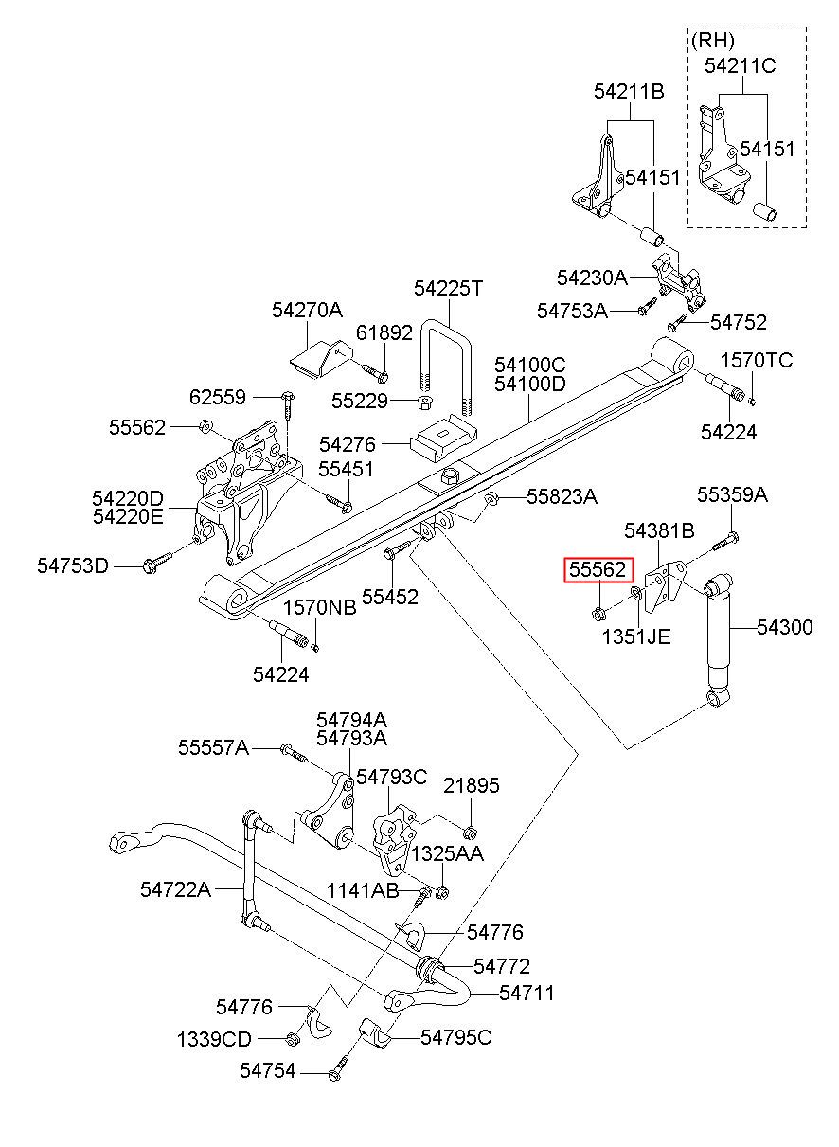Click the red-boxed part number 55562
pyautogui.click(x=598, y=569)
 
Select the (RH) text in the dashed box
pyautogui.click(x=712, y=40)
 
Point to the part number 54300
pyautogui.click(x=785, y=627)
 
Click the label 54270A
pyautogui.click(x=307, y=310)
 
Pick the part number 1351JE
pyautogui.click(x=636, y=637)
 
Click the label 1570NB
pyautogui.click(x=319, y=608)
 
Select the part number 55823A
pyautogui.click(x=562, y=496)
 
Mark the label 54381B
pyautogui.click(x=659, y=531)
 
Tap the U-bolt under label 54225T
pyautogui.click(x=447, y=367)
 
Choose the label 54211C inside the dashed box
pyautogui.click(x=741, y=65)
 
